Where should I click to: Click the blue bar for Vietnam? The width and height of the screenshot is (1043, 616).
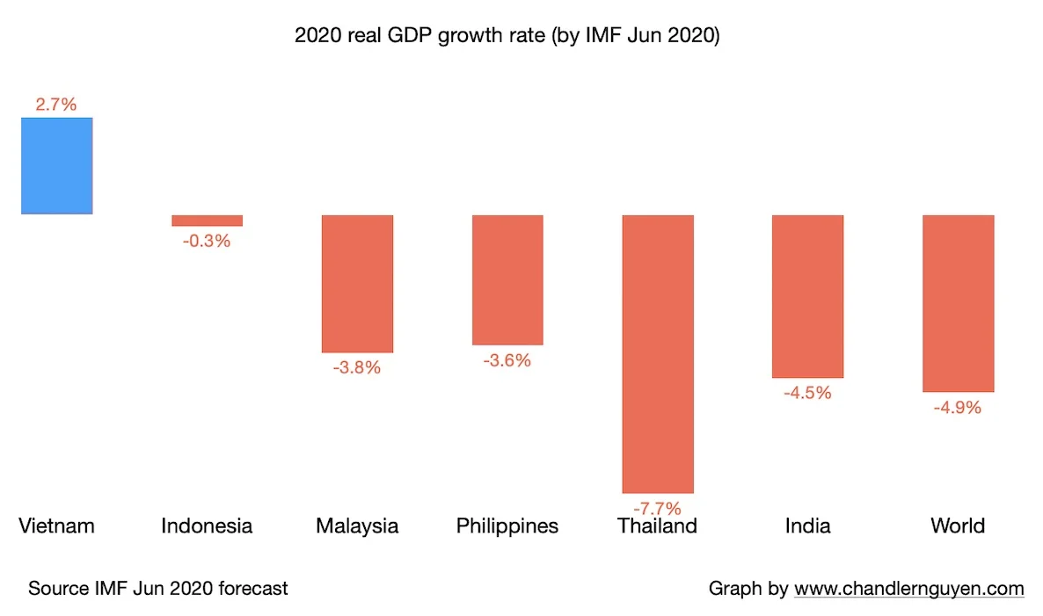pyautogui.click(x=57, y=166)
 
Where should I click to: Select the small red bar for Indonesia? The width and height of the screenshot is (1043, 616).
pyautogui.click(x=207, y=221)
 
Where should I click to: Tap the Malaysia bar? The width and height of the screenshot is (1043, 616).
pyautogui.click(x=357, y=284)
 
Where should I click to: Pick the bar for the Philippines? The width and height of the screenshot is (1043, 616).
pyautogui.click(x=507, y=279)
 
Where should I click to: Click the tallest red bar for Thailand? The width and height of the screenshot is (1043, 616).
pyautogui.click(x=658, y=353)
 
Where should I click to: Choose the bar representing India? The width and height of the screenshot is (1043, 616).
pyautogui.click(x=807, y=296)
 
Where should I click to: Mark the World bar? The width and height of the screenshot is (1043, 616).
pyautogui.click(x=958, y=303)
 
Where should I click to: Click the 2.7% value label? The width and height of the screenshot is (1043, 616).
pyautogui.click(x=56, y=105)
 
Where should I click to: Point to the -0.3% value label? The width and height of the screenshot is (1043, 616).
pyautogui.click(x=207, y=241)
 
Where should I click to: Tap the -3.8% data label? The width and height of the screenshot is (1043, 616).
pyautogui.click(x=357, y=368)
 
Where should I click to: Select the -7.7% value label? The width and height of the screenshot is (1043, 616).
pyautogui.click(x=658, y=508)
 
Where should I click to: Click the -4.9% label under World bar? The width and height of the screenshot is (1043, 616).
pyautogui.click(x=958, y=408)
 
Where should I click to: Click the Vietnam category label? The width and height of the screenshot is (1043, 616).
pyautogui.click(x=56, y=526)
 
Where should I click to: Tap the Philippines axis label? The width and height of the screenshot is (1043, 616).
pyautogui.click(x=507, y=526)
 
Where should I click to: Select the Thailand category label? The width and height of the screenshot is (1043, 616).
pyautogui.click(x=658, y=526)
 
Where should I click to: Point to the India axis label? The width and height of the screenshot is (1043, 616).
pyautogui.click(x=807, y=526)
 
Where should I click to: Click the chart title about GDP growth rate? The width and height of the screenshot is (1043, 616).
pyautogui.click(x=507, y=36)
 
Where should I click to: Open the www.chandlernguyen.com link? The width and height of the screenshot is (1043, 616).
pyautogui.click(x=909, y=589)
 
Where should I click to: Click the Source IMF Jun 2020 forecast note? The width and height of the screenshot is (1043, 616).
pyautogui.click(x=158, y=589)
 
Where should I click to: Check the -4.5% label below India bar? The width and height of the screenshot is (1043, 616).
pyautogui.click(x=807, y=393)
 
